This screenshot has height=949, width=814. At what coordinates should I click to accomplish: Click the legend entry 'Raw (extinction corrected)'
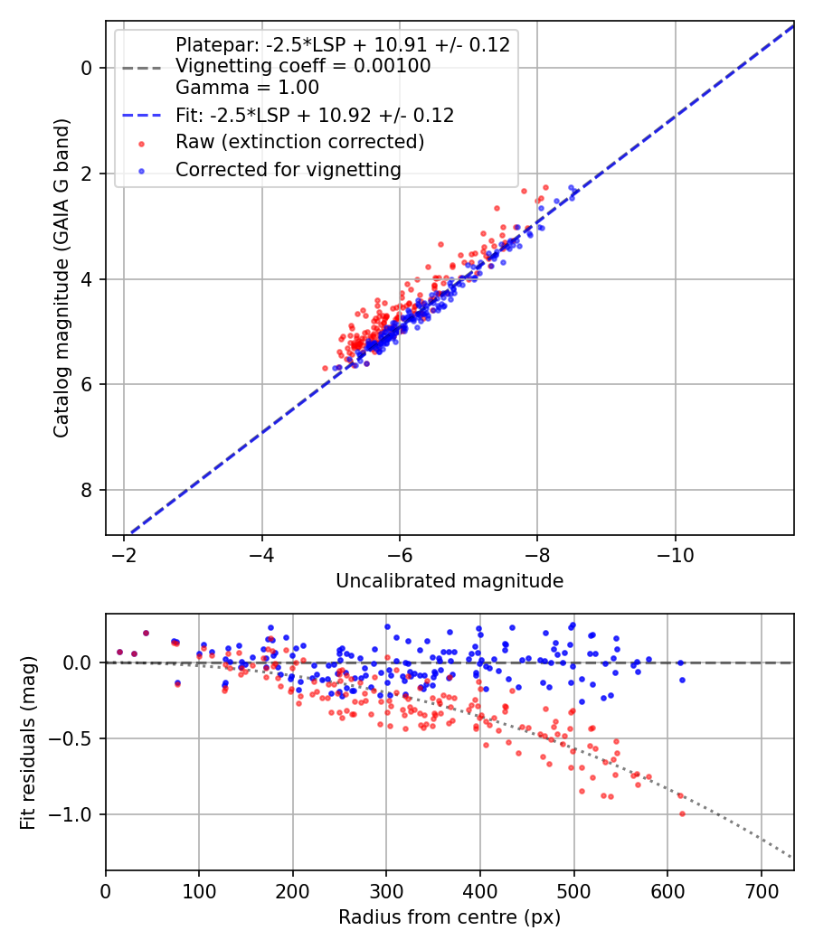(299, 142)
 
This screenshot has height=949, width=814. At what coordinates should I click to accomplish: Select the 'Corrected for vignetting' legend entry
(288, 169)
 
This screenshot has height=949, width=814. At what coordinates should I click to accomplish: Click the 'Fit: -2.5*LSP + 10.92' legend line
(315, 116)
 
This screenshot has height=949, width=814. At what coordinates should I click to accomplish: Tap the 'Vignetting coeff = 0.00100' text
(303, 66)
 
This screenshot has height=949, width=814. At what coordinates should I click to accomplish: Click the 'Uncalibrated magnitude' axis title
(450, 581)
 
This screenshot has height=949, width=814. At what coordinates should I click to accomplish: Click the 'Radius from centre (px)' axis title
(450, 917)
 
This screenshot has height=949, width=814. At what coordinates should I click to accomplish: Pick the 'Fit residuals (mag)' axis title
(28, 742)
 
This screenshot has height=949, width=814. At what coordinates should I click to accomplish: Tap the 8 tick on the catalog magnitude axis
(86, 490)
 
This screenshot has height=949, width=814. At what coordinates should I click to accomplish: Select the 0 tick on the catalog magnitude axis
(86, 68)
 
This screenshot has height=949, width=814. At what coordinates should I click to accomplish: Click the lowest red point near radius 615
(682, 813)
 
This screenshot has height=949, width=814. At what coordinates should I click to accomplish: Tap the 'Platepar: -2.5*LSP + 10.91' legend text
(343, 44)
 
